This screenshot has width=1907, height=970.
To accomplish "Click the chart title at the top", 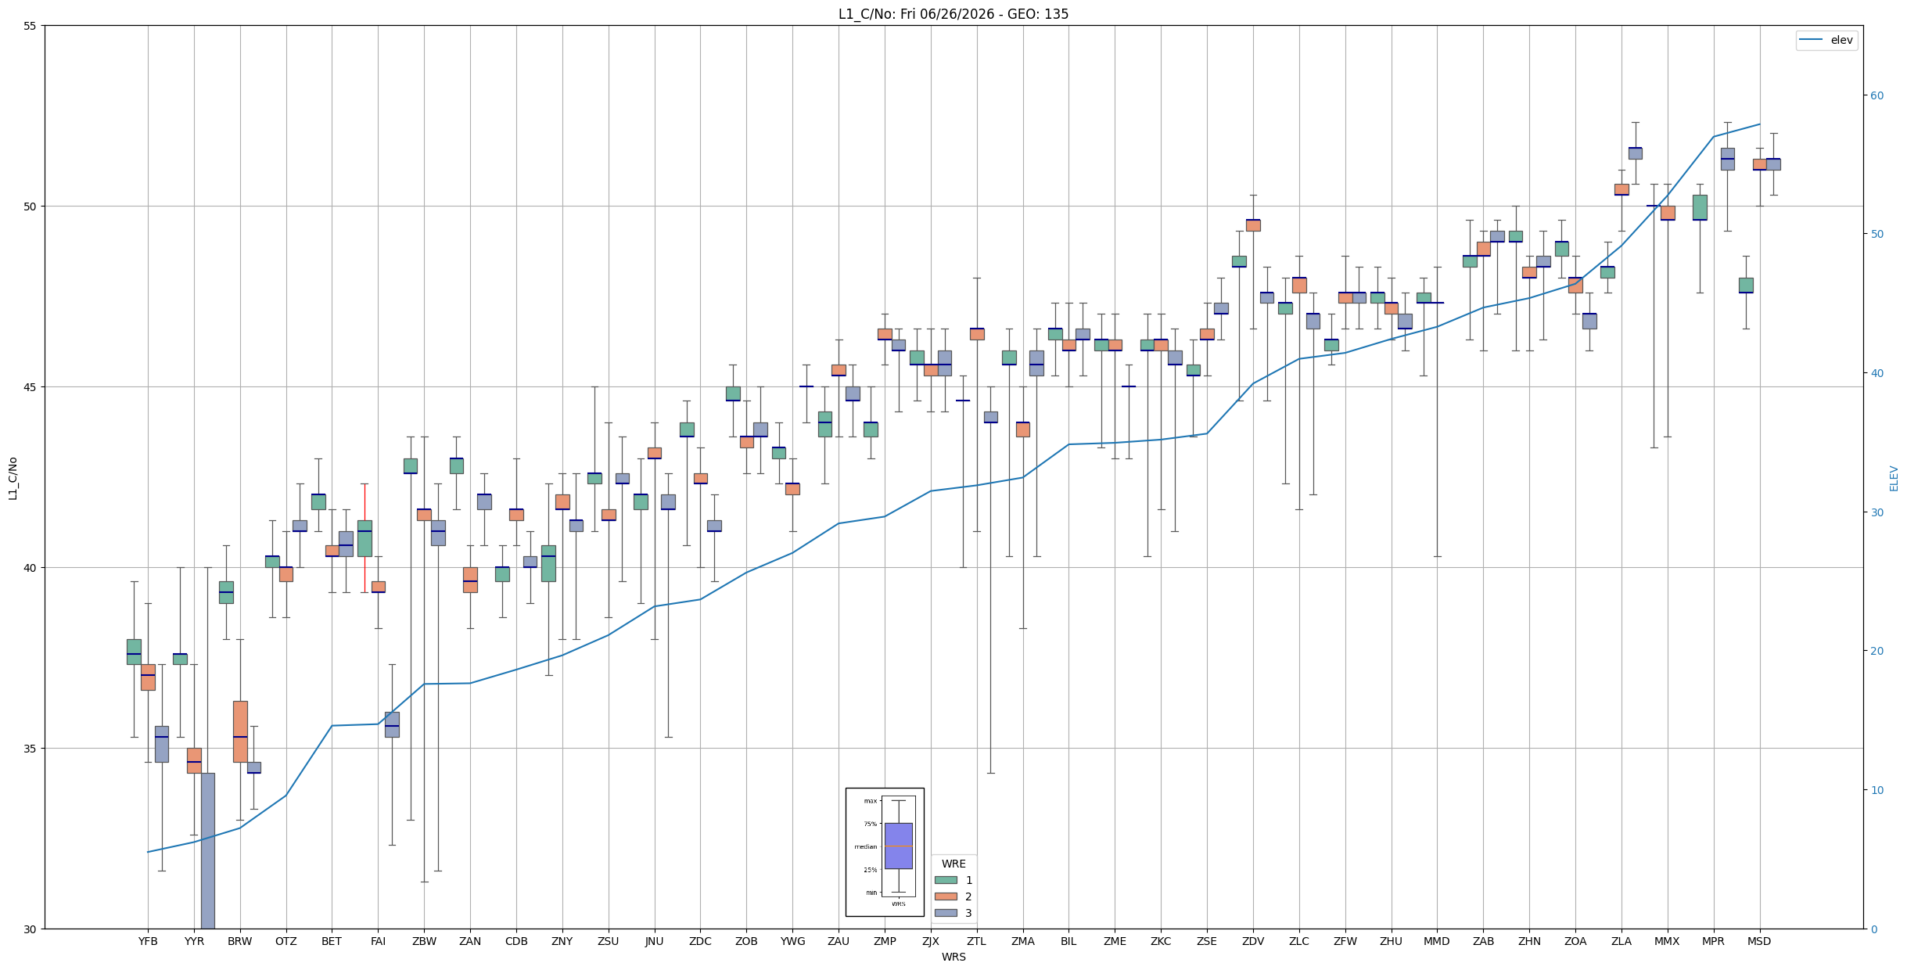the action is pyautogui.click(x=953, y=14).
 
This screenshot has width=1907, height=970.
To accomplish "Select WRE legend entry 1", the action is pyautogui.click(x=953, y=880).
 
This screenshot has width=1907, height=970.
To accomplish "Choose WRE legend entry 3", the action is pyautogui.click(x=953, y=913).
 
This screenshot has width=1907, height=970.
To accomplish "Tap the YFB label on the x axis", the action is pyautogui.click(x=148, y=941).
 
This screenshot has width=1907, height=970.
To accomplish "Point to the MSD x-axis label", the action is pyautogui.click(x=1759, y=941).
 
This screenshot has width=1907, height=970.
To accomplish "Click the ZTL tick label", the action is pyautogui.click(x=976, y=941).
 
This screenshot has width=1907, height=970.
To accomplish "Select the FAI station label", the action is pyautogui.click(x=378, y=941).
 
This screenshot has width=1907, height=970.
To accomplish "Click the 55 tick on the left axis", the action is pyautogui.click(x=31, y=26).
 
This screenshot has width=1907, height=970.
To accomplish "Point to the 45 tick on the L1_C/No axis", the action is pyautogui.click(x=31, y=387).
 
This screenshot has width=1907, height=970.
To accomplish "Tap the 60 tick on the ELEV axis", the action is pyautogui.click(x=1876, y=95).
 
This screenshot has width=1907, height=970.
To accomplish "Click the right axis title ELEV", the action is pyautogui.click(x=1894, y=478).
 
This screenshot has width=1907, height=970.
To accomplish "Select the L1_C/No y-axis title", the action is pyautogui.click(x=13, y=478).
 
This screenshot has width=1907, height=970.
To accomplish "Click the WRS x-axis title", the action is pyautogui.click(x=953, y=957).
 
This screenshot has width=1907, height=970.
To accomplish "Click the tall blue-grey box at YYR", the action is pyautogui.click(x=208, y=850).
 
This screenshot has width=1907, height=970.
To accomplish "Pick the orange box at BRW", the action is pyautogui.click(x=240, y=731).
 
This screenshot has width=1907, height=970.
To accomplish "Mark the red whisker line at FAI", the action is pyautogui.click(x=365, y=538).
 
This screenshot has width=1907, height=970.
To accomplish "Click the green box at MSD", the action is pyautogui.click(x=1746, y=286).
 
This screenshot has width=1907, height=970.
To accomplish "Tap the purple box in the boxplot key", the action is pyautogui.click(x=898, y=846).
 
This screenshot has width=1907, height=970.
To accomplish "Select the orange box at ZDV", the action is pyautogui.click(x=1253, y=225).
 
